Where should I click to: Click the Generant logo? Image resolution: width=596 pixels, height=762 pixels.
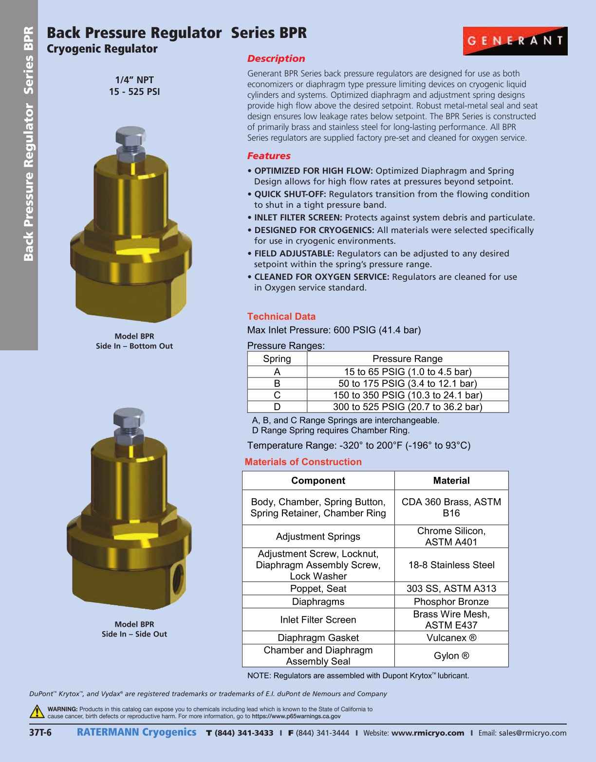[515, 41]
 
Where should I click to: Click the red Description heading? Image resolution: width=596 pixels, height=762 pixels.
[276, 59]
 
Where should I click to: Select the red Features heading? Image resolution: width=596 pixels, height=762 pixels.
[269, 156]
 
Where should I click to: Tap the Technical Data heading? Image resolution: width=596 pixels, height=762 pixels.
[281, 316]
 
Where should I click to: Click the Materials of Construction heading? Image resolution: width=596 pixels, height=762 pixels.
[303, 462]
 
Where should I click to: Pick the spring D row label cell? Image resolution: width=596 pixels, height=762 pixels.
[277, 407]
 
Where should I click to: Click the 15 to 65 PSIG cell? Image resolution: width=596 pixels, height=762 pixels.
[408, 372]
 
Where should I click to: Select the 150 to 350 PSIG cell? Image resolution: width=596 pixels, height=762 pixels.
[408, 395]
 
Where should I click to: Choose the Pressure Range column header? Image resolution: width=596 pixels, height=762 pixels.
[408, 359]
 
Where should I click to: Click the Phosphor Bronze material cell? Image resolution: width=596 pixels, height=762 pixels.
[451, 601]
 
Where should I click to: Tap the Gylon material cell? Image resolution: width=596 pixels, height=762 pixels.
[451, 655]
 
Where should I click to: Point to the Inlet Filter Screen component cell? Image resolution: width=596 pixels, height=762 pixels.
[318, 619]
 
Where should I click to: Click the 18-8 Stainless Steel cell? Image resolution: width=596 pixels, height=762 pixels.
[451, 565]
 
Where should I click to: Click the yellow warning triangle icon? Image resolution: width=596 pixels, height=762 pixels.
[37, 712]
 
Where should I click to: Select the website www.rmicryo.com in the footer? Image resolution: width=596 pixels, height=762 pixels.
[428, 733]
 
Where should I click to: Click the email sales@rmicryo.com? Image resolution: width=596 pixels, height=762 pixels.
[532, 733]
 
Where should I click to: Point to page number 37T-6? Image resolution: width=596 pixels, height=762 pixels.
[40, 733]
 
